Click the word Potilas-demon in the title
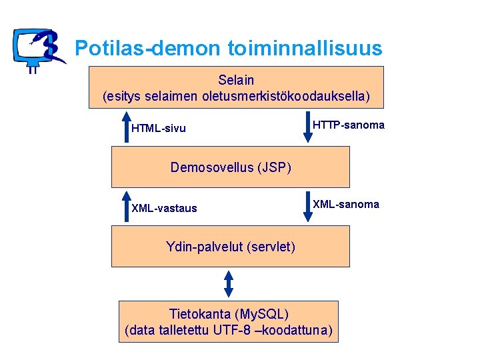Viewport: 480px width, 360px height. [147, 48]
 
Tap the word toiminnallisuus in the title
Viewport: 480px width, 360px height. [305, 48]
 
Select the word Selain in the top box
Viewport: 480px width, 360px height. [236, 81]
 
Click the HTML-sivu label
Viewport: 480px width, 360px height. [159, 128]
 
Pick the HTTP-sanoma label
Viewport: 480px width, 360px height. [349, 125]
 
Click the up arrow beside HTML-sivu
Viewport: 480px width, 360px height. [127, 127]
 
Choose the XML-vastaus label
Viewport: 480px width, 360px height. [164, 208]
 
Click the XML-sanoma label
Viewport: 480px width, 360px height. [346, 205]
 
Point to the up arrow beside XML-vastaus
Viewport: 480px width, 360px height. [127, 206]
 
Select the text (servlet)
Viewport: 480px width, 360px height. [271, 247]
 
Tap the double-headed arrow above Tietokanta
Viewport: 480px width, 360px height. [229, 283]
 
